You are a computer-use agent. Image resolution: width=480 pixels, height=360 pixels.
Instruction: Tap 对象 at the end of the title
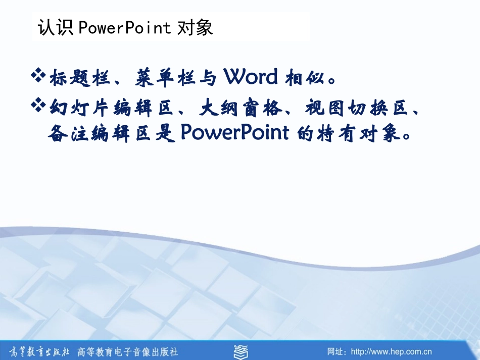point(196,27)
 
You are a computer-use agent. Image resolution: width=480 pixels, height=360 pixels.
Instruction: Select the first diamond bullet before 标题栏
point(39,77)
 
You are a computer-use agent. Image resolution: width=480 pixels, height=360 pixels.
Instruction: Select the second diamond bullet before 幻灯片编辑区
point(39,106)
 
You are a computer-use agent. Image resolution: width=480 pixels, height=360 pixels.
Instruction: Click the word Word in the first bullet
point(251,77)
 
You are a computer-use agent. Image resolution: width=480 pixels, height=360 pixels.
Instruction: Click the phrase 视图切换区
point(356,108)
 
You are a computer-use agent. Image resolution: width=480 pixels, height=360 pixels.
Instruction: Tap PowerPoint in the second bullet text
point(234,133)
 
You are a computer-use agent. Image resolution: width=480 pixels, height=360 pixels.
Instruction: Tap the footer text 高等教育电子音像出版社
point(127,351)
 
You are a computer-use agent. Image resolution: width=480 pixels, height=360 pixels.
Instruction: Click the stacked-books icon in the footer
point(241,351)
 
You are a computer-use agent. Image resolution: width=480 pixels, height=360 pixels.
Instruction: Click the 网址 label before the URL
point(336,351)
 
